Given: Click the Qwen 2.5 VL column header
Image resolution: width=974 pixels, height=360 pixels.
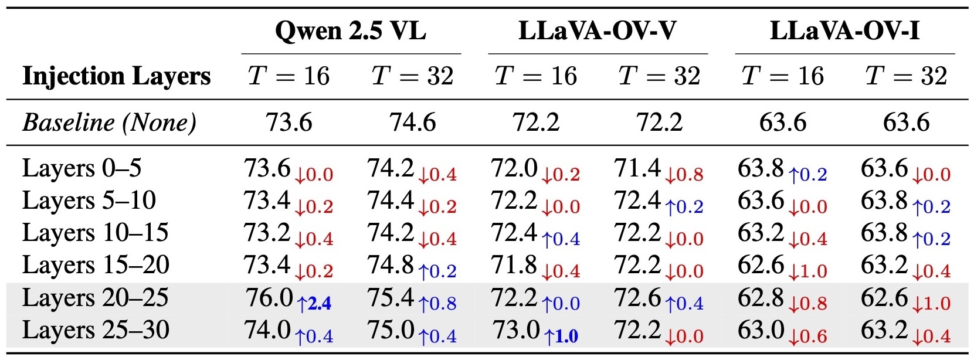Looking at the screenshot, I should tap(350, 30).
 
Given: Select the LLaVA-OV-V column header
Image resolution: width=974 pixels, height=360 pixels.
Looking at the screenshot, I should tap(597, 30).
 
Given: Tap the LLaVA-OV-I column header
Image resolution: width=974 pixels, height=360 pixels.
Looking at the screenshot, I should tap(844, 30).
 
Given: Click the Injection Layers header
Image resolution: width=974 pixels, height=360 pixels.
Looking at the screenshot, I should tap(116, 76).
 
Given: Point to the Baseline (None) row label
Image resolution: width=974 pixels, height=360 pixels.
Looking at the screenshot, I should tap(109, 123).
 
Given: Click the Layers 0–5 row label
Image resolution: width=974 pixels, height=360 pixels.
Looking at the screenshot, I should tap(82, 168).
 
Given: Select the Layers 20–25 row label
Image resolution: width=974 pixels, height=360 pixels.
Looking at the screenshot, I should tap(95, 298).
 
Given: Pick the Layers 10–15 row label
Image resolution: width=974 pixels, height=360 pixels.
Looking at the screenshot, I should tap(95, 233).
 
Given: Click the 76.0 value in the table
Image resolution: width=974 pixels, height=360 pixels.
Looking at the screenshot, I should tap(269, 298).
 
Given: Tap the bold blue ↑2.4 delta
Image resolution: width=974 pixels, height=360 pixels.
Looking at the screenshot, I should tap(314, 304).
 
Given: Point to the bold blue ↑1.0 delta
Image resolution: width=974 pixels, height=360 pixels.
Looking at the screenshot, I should tap(561, 337).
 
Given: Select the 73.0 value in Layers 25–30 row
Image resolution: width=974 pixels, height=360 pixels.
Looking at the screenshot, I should tap(515, 330).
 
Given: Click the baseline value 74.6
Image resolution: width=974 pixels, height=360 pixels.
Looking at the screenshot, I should tap(412, 123).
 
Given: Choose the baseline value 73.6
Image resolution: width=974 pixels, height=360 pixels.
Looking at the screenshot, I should tap(289, 123).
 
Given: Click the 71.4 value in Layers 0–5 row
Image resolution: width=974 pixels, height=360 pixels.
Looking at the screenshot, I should tap(637, 168).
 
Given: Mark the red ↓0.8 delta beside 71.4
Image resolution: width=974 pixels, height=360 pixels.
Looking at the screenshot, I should tap(684, 175).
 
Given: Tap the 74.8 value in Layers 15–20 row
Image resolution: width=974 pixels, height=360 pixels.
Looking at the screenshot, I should tap(391, 265).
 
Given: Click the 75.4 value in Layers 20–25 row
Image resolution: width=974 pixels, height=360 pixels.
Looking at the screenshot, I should tap(391, 298).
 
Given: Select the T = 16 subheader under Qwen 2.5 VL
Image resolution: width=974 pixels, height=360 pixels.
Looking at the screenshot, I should tap(289, 76).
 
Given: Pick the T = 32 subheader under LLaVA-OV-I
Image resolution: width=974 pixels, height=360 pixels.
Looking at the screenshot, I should tap(906, 76).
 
